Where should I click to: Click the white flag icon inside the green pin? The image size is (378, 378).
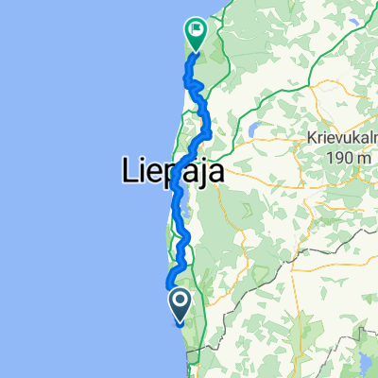pos(197,30)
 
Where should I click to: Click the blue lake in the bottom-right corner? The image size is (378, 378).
pos(364,363)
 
